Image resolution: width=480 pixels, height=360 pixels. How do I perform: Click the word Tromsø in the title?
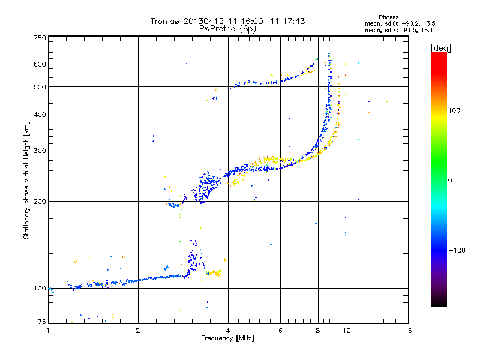tap(164, 21)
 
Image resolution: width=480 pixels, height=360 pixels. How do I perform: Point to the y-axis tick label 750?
tap(40, 38)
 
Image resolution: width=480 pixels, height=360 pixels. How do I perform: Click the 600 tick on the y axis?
tap(40, 64)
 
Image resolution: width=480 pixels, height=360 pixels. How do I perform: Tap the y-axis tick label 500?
tap(40, 87)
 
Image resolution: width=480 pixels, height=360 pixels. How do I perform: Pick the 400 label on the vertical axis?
tap(40, 115)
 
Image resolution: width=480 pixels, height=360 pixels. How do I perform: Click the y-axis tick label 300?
tap(40, 151)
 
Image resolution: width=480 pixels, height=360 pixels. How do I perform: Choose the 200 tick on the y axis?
tap(40, 202)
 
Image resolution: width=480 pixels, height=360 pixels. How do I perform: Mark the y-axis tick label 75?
tap(41, 323)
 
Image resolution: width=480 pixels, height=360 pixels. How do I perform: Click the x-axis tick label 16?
tap(408, 331)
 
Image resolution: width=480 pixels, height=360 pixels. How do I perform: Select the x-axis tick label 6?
tap(280, 331)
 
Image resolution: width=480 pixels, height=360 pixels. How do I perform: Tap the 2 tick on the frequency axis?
tap(138, 331)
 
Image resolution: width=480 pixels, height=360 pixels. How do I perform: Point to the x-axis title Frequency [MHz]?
tap(227, 338)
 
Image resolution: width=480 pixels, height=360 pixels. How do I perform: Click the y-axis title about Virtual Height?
tap(26, 180)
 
